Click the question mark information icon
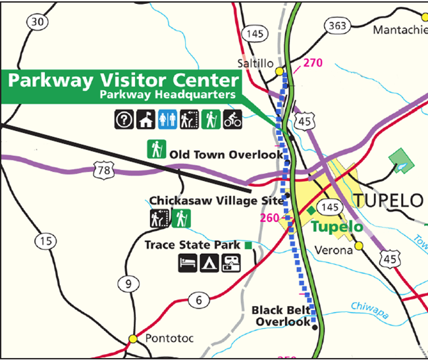click(123, 120)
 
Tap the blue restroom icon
click(167, 120)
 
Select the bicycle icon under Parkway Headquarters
click(233, 120)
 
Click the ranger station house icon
click(146, 120)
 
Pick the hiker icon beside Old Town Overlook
click(156, 149)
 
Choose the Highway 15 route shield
click(45, 242)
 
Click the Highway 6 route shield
click(198, 300)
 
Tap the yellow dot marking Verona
click(360, 246)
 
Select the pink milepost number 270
click(313, 64)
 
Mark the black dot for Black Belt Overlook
click(314, 327)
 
